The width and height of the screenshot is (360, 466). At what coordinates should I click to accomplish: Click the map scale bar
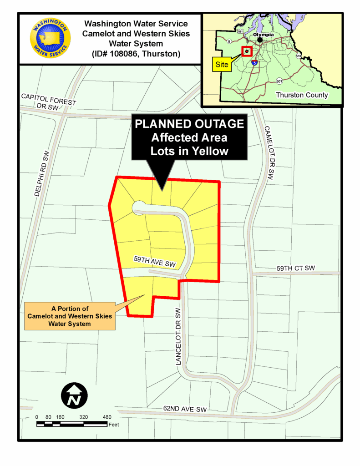coord(72,425)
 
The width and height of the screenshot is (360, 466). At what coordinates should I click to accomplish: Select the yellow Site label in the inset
coord(222,65)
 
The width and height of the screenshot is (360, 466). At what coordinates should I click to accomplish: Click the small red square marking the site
coord(247,51)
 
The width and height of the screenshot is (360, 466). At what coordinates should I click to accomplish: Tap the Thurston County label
coord(302,95)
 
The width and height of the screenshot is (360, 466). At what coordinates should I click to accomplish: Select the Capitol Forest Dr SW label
coord(49,102)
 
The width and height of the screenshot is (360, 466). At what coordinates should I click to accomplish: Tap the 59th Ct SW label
coord(295,268)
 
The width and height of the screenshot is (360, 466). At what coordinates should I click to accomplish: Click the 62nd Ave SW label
coord(185,410)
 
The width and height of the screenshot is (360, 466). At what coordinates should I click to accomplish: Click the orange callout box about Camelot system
coord(70,316)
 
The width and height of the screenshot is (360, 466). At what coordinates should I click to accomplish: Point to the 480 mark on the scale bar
coord(107,417)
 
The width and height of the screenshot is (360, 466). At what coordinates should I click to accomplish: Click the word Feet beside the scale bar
coord(114,425)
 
